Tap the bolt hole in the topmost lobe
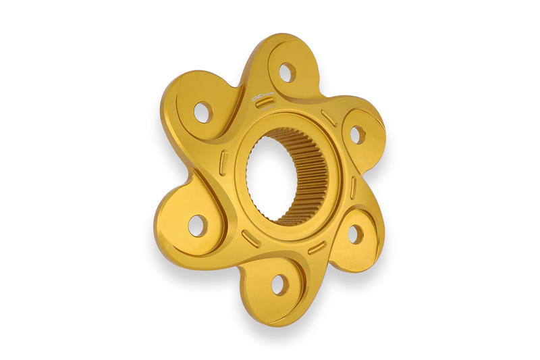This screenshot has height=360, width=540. tap(286, 71)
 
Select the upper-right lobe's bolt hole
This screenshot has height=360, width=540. tap(356, 134)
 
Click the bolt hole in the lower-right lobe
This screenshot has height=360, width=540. tap(355, 234)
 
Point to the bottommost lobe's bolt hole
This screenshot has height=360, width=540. tap(279, 284)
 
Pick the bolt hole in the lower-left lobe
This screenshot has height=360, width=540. tap(198, 225)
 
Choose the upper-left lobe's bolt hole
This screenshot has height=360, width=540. tap(202, 111)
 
